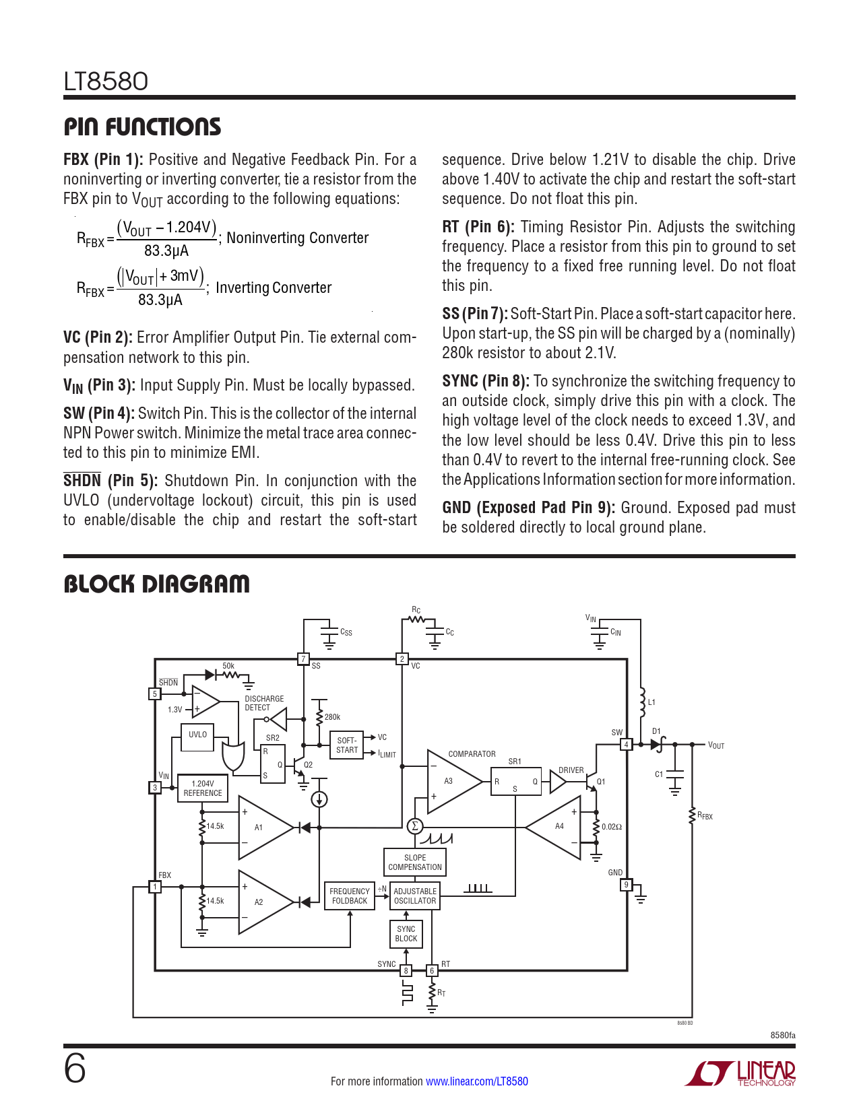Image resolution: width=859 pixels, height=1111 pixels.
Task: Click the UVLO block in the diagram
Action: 197,737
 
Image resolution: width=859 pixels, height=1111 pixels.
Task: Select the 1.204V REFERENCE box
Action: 203,788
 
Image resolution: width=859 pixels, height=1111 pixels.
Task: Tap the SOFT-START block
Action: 347,745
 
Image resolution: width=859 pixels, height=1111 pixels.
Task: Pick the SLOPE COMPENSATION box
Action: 415,862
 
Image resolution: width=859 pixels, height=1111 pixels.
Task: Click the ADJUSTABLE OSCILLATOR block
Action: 415,896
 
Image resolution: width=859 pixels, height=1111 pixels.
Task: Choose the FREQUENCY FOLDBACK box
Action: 350,896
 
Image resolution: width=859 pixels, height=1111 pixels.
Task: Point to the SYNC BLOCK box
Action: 406,934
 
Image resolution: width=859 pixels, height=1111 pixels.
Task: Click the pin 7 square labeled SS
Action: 303,659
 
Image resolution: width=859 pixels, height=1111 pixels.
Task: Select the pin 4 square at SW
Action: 626,745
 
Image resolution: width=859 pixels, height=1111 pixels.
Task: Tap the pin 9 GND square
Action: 626,885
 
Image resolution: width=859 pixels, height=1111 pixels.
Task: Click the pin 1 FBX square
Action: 154,887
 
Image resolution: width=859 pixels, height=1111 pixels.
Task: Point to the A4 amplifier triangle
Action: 554,827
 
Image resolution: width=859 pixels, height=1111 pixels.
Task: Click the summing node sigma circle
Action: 415,826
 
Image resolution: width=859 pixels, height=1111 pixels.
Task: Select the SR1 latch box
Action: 515,781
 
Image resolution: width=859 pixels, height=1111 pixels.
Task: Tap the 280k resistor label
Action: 332,717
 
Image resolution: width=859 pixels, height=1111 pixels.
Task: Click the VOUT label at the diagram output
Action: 716,745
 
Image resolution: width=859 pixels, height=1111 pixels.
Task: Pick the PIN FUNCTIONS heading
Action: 142,127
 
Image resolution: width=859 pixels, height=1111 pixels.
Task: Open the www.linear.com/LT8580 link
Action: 477,1081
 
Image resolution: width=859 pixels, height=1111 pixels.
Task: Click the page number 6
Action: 75,1069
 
